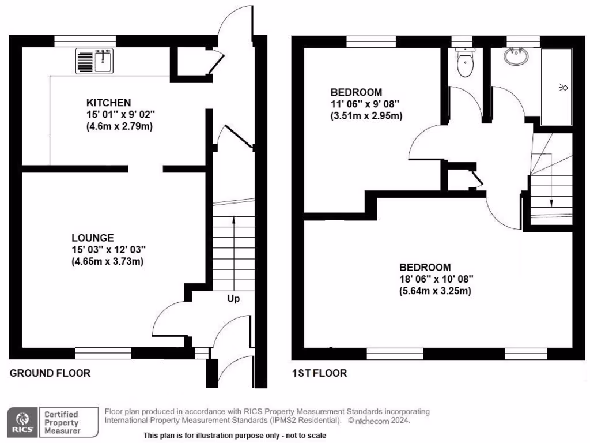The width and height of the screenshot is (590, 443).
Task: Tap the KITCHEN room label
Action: [109, 103]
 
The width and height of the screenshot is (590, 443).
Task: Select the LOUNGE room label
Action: [92, 237]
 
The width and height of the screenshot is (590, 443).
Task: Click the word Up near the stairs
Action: [233, 299]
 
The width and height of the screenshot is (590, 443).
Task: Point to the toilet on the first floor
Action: [464, 63]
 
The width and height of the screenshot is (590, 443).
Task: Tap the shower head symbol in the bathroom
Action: [562, 88]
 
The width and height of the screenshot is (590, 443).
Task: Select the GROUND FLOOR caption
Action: [50, 373]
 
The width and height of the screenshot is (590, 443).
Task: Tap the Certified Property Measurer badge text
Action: [62, 422]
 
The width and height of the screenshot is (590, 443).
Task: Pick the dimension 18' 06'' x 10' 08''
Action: [436, 279]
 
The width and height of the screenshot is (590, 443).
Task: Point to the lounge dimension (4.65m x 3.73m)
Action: [107, 261]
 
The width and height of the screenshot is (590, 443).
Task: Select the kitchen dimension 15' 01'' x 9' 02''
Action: [118, 115]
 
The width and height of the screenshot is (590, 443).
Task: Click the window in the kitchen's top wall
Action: [85, 41]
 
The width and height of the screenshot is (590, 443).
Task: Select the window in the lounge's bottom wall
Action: [103, 352]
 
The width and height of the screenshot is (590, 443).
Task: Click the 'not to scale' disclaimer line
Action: [235, 435]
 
